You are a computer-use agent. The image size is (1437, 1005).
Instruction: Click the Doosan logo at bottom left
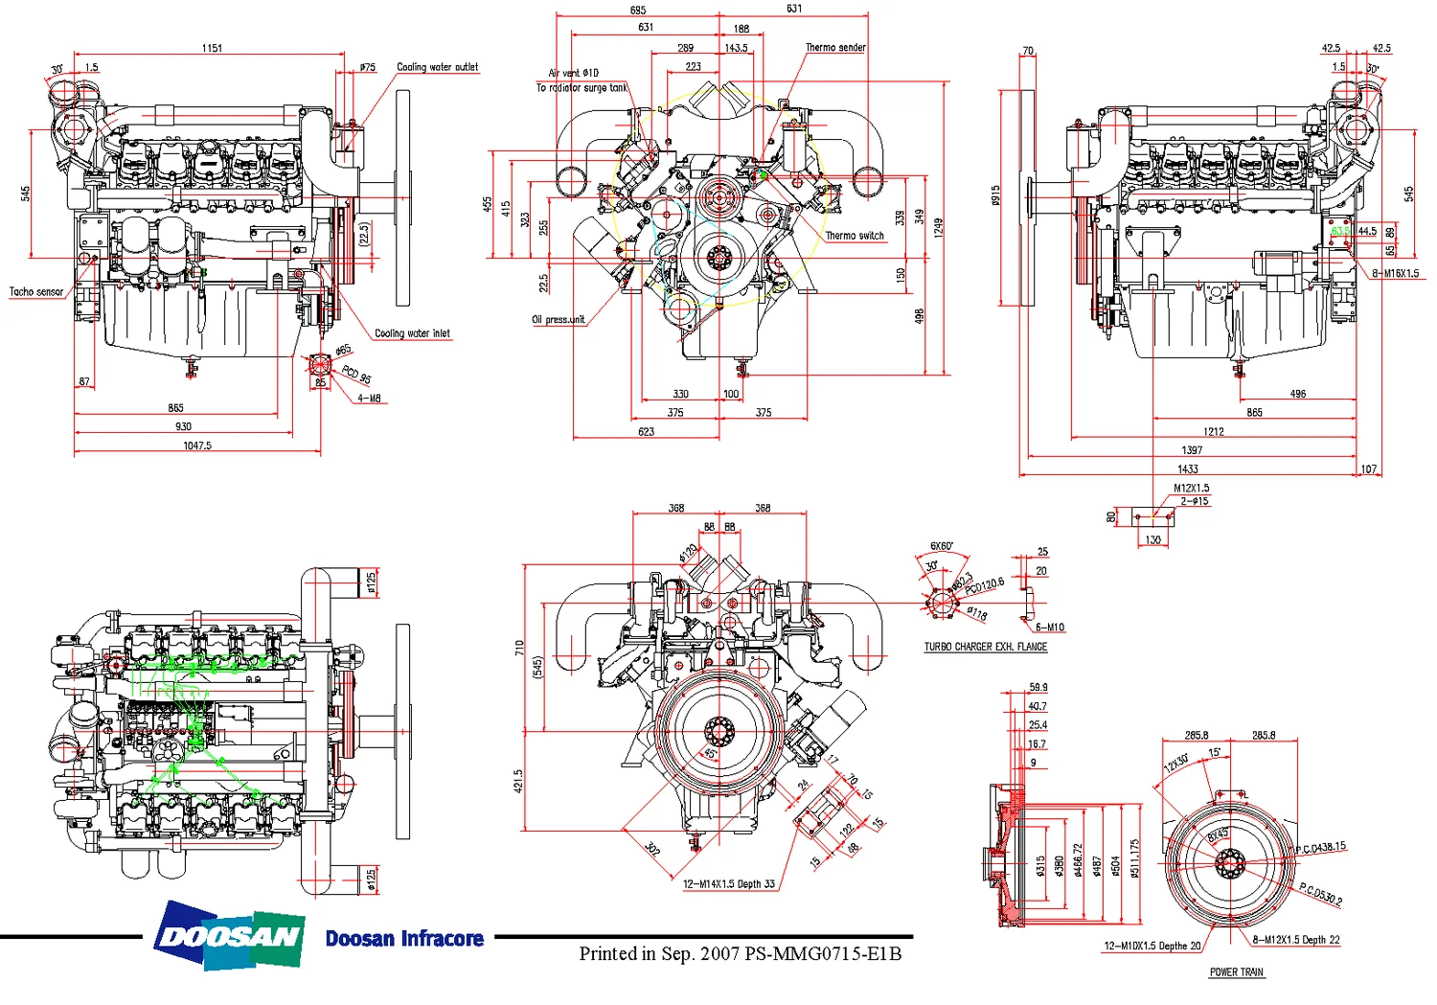click(x=230, y=935)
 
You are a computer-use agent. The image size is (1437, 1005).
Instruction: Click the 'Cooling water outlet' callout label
click(x=437, y=67)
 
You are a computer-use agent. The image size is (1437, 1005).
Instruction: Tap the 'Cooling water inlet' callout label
click(x=412, y=333)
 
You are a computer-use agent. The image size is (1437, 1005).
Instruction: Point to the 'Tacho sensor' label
click(x=36, y=291)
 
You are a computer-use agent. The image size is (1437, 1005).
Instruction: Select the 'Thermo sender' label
click(x=835, y=47)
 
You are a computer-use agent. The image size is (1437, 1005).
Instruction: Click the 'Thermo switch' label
click(x=855, y=236)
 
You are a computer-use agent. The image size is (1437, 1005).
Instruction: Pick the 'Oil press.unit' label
click(x=559, y=320)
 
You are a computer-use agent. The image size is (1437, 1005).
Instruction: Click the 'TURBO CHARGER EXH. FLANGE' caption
click(x=985, y=647)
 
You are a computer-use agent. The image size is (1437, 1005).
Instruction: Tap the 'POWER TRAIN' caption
click(x=1236, y=972)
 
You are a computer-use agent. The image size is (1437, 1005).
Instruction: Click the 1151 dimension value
click(x=212, y=48)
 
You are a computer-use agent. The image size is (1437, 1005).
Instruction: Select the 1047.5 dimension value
click(x=197, y=445)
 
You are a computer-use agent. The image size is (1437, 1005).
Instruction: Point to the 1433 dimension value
click(x=1188, y=468)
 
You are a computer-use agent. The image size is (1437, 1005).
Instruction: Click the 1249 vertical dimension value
click(x=939, y=227)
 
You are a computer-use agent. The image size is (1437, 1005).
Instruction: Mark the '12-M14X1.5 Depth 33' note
click(x=729, y=884)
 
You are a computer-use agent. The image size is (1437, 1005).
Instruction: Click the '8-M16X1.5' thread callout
click(x=1395, y=274)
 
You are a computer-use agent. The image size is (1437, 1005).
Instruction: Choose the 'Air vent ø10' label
click(x=573, y=73)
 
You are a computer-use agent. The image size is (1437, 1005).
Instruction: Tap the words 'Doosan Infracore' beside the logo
click(x=404, y=939)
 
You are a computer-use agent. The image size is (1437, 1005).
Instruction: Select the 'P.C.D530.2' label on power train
click(x=1321, y=895)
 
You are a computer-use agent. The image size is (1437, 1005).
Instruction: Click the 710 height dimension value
click(x=519, y=648)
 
